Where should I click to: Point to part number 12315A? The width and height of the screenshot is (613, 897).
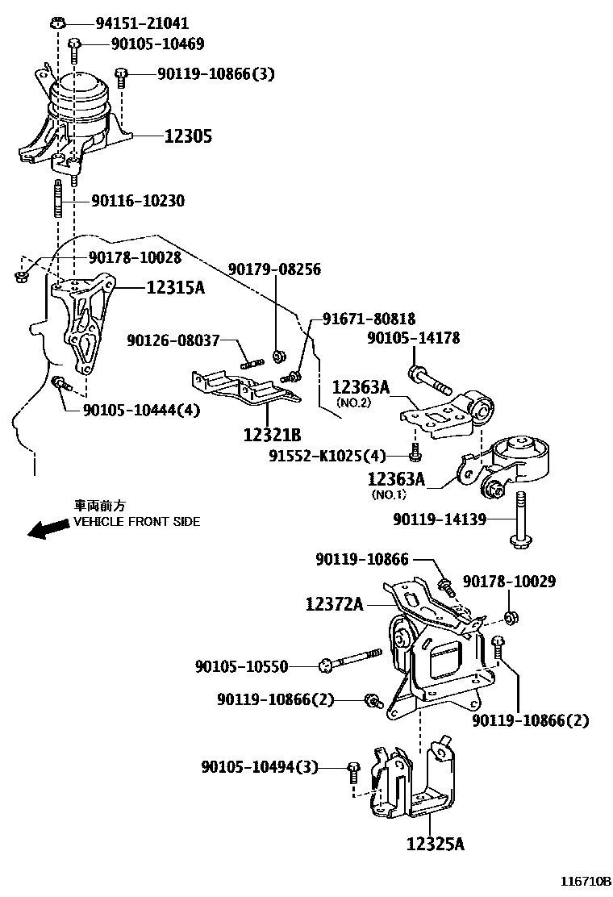[x=175, y=286]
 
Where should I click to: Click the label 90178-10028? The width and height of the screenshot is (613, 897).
[x=135, y=257]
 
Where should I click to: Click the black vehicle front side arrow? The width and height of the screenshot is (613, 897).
[x=47, y=528]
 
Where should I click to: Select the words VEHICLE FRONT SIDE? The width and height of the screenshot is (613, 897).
[x=137, y=522]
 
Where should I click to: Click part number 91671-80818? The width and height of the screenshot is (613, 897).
[x=369, y=319]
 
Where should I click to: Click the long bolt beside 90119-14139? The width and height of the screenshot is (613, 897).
[x=519, y=519]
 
